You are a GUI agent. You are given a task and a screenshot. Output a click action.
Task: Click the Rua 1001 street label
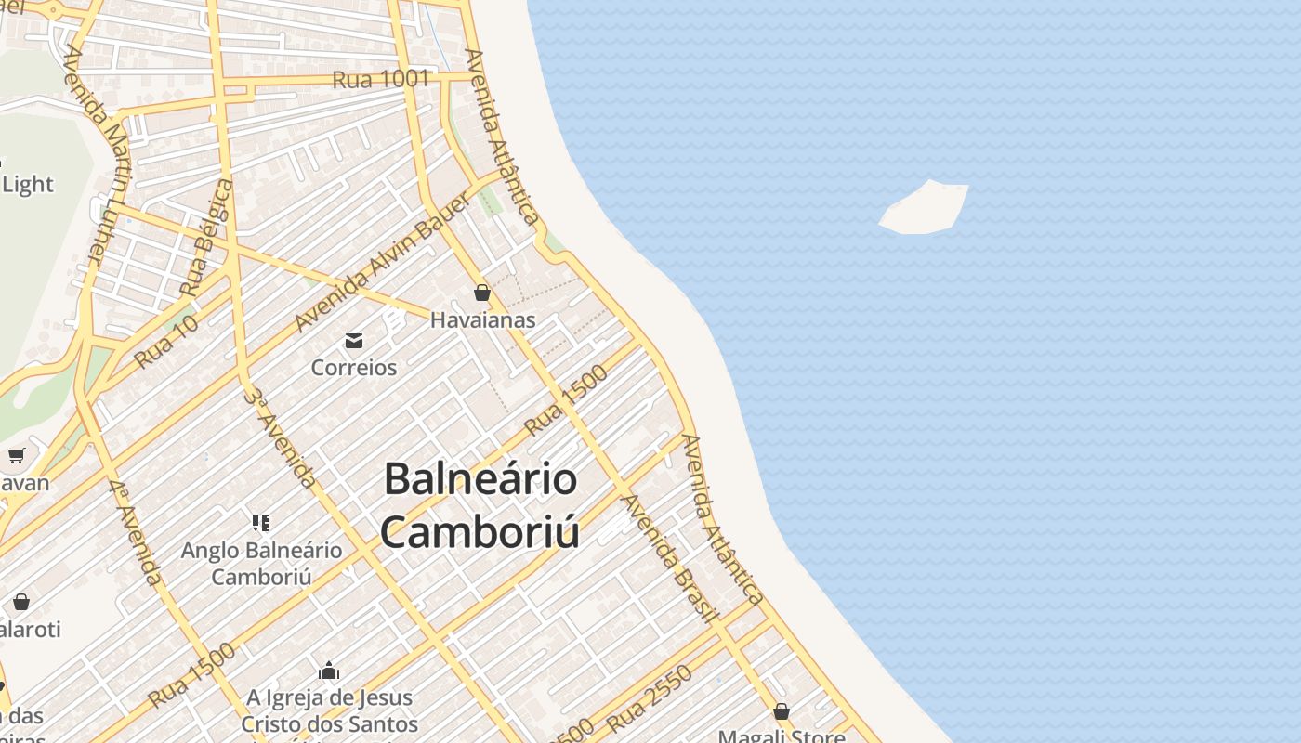click(381, 80)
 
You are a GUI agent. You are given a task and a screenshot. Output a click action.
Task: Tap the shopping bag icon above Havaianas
click(482, 293)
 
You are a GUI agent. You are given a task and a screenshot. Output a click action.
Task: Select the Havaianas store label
click(482, 320)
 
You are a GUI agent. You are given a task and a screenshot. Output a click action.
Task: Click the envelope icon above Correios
click(354, 341)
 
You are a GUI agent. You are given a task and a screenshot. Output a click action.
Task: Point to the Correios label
click(354, 368)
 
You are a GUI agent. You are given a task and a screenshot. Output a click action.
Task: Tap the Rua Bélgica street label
click(206, 238)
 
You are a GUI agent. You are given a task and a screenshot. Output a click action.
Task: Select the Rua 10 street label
click(165, 342)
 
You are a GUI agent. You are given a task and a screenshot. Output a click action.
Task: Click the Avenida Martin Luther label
click(95, 153)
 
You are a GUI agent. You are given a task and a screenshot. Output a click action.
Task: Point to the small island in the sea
click(925, 207)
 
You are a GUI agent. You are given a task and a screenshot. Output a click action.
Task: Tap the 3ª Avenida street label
click(280, 437)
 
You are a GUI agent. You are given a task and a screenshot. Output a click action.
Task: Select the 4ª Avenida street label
click(135, 532)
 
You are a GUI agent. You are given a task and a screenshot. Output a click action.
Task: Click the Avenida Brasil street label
click(669, 558)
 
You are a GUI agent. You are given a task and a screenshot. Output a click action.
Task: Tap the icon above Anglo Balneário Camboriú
click(261, 523)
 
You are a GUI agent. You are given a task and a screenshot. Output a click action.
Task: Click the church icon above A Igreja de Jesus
click(329, 671)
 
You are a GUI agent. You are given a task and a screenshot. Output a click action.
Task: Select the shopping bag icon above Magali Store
click(782, 712)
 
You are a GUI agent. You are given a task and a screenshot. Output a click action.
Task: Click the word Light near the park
click(28, 185)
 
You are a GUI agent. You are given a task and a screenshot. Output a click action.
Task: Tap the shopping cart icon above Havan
click(16, 455)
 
